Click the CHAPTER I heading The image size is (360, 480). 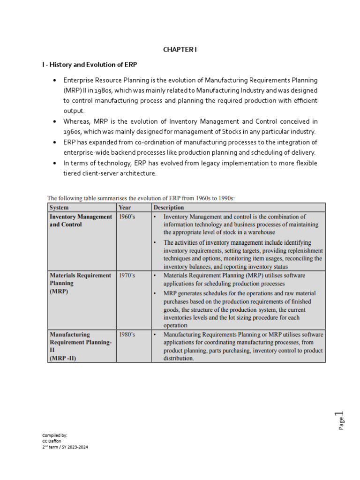coord(180,50)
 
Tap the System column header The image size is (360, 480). coord(60,207)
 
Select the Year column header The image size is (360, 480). coord(125,207)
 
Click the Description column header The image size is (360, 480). coord(169,207)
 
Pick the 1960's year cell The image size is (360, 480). coord(127,217)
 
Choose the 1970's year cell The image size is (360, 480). coord(127,276)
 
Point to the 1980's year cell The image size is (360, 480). coord(127,335)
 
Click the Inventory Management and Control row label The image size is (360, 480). coord(81,220)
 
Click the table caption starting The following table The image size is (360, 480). coord(141,198)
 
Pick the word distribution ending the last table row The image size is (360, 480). coord(178,358)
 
